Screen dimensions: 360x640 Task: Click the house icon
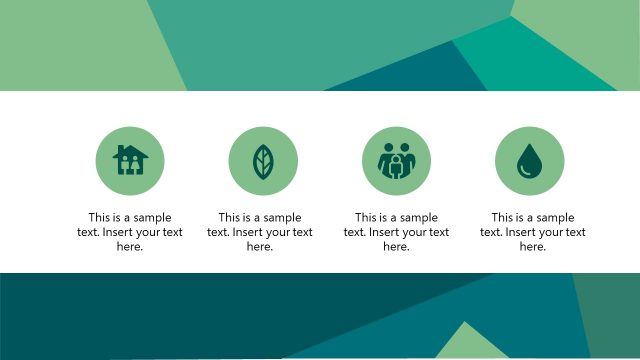130,160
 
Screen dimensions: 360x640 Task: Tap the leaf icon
263,161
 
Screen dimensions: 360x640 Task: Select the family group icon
396,161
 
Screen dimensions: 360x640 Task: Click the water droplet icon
529,161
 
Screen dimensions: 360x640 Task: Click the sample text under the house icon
130,232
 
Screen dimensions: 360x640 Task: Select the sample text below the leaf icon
260,232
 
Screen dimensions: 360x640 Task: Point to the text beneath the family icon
396,232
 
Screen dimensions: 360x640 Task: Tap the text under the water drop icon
533,232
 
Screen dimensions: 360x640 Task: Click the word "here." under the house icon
130,247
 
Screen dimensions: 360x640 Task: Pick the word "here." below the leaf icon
260,247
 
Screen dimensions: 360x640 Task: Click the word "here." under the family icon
396,247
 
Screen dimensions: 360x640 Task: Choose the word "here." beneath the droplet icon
533,247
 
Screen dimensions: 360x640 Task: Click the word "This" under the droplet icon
503,217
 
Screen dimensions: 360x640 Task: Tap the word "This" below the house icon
100,217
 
